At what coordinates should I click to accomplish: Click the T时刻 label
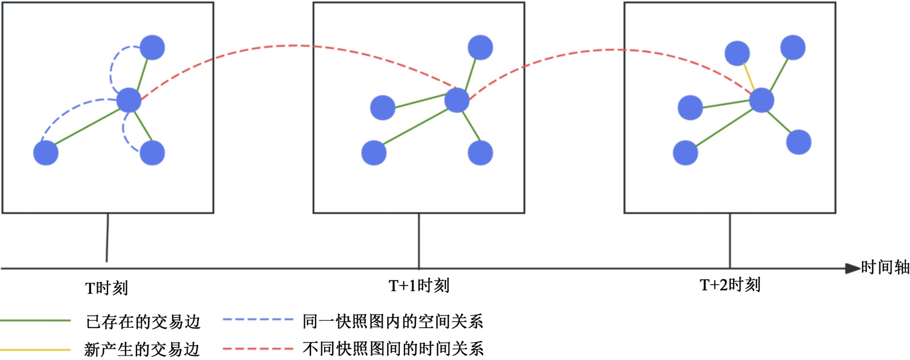[x=106, y=288]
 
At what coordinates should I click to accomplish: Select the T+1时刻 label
[x=419, y=285]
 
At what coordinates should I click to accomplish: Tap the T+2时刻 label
[x=730, y=284]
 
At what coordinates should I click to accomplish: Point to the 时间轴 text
[x=885, y=267]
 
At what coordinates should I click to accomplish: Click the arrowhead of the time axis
[x=852, y=268]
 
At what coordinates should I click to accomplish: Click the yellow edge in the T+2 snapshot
[x=750, y=76]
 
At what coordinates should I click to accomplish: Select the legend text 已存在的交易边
[x=143, y=322]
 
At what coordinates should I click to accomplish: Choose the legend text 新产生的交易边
[x=142, y=349]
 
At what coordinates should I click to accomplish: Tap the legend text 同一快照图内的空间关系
[x=392, y=321]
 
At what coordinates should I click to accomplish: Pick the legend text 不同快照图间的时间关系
[x=392, y=348]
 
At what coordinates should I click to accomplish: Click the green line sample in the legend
[x=35, y=321]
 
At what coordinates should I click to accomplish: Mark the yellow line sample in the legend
[x=35, y=349]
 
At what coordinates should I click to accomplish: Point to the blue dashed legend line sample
[x=258, y=320]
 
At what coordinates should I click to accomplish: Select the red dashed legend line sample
[x=258, y=348]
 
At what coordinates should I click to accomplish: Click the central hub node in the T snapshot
[x=129, y=100]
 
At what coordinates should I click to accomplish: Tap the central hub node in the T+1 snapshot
[x=457, y=100]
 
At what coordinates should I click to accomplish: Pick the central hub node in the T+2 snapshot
[x=762, y=100]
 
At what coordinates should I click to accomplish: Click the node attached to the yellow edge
[x=737, y=53]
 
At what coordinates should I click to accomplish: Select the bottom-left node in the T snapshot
[x=45, y=153]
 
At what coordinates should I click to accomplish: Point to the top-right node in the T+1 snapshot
[x=481, y=47]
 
